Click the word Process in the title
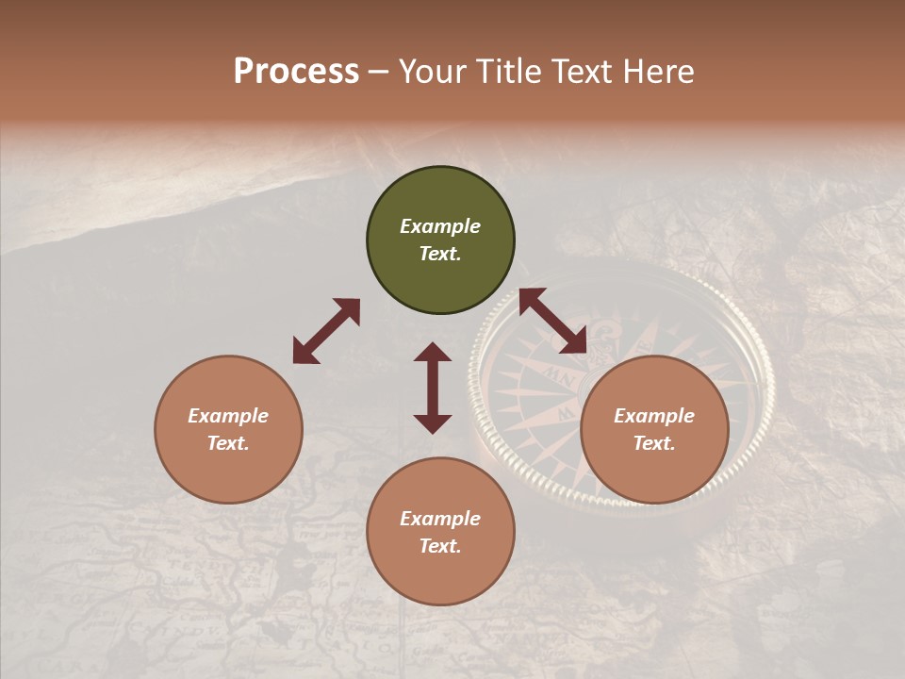click(x=296, y=72)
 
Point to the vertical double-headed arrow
click(x=433, y=388)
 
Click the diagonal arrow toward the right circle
click(x=552, y=321)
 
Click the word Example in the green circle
click(x=440, y=226)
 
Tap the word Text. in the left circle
click(x=228, y=443)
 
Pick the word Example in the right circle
click(x=654, y=416)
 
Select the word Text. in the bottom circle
click(x=440, y=546)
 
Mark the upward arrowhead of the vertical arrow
click(x=433, y=354)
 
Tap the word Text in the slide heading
click(x=585, y=72)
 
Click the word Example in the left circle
click(x=228, y=416)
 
